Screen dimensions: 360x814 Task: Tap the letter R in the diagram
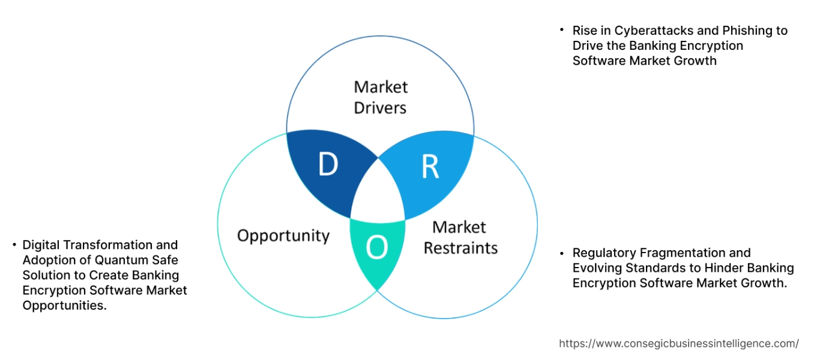tap(430, 167)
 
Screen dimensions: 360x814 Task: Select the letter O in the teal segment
tap(376, 247)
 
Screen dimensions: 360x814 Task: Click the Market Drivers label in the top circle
tap(380, 97)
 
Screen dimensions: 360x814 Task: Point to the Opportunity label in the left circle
tap(283, 235)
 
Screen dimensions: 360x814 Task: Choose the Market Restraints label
tap(460, 237)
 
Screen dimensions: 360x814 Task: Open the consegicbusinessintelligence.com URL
tap(678, 344)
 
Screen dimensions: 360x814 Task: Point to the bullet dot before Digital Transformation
tap(14, 245)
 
